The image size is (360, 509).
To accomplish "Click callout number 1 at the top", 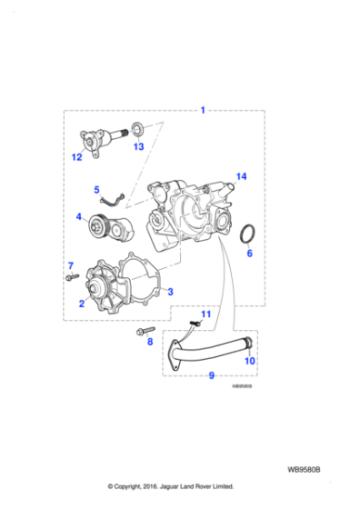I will click(203, 110).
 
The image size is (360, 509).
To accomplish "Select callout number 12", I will click(77, 157).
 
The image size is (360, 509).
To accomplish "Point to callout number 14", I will click(241, 175).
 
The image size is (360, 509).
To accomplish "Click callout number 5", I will click(96, 190).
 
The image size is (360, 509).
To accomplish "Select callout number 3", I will click(170, 292).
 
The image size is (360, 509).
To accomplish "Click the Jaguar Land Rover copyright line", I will click(172, 487).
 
